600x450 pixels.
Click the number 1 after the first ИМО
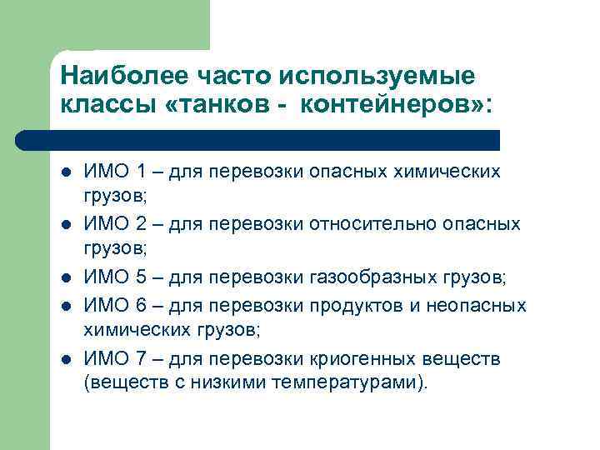point(142,172)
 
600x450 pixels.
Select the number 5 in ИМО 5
point(142,278)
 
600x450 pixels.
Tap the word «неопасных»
point(478,305)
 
